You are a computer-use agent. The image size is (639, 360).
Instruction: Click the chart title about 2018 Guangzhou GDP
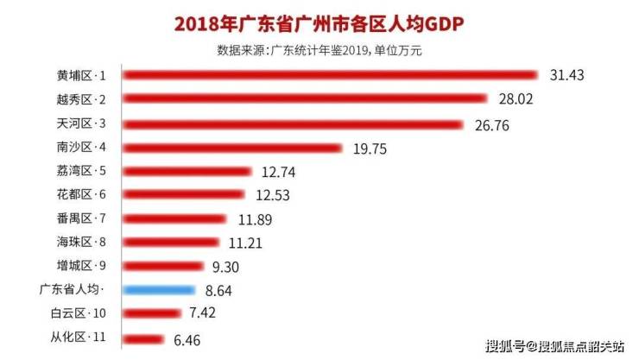tap(319, 23)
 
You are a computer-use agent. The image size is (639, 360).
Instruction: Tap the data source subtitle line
tap(319, 50)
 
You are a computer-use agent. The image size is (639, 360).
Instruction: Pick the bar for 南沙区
tap(233, 148)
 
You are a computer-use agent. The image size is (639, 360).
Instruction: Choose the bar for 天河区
tap(294, 124)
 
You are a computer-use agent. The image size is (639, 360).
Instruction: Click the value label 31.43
tap(567, 76)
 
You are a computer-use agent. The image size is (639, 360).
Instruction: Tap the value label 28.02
tap(516, 100)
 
